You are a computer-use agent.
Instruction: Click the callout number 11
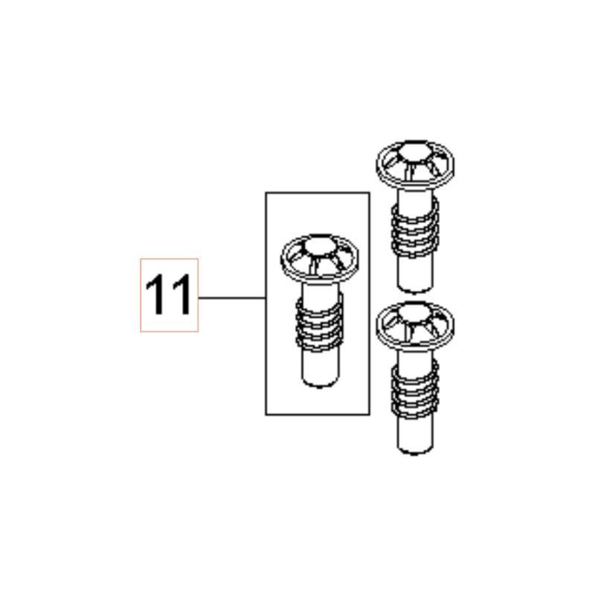click(169, 295)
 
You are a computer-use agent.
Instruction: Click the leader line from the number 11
click(232, 298)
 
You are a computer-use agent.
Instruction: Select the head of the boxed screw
click(320, 258)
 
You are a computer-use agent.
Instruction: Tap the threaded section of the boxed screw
click(320, 323)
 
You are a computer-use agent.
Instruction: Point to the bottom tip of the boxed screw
click(320, 386)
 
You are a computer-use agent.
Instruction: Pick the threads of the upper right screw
click(415, 228)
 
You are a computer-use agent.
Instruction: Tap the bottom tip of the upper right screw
click(415, 292)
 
